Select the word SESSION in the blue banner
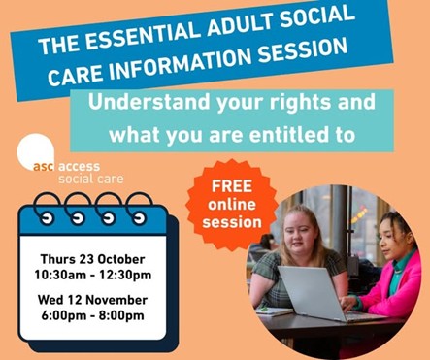pyautogui.click(x=303, y=50)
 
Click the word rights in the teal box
pyautogui.click(x=300, y=103)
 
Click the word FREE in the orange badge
pyautogui.click(x=232, y=186)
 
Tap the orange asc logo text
pyautogui.click(x=44, y=167)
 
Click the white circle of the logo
pyautogui.click(x=36, y=151)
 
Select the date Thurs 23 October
pyautogui.click(x=92, y=259)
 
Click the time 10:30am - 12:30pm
pyautogui.click(x=93, y=275)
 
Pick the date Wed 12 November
pyautogui.click(x=92, y=300)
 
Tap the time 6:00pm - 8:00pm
pyautogui.click(x=92, y=315)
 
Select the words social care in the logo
pyautogui.click(x=91, y=179)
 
